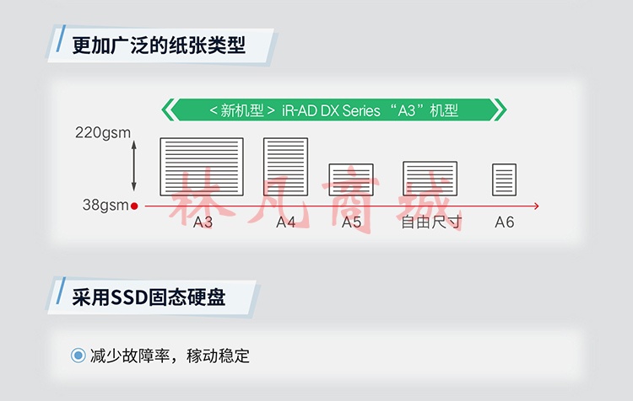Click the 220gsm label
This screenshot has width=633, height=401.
tap(103, 133)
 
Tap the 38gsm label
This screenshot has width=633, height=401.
tap(105, 206)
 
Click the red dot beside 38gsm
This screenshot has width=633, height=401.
tap(134, 206)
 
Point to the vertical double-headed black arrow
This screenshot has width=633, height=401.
tap(134, 166)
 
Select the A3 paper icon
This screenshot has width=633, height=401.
tap(202, 167)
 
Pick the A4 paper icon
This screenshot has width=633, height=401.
tap(286, 167)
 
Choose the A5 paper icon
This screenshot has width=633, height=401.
tap(351, 179)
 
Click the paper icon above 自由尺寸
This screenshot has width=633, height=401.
tap(430, 179)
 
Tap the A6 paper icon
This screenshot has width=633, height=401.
tap(504, 179)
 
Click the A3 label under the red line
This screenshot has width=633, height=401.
tap(203, 222)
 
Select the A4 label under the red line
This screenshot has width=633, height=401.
tap(286, 222)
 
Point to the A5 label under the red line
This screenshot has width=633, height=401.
tap(351, 222)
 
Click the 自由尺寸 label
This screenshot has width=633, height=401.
tap(431, 222)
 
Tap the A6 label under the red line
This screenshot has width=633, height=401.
tap(505, 222)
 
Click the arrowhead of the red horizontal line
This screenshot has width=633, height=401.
tap(537, 206)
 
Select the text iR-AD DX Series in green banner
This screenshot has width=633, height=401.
tap(331, 110)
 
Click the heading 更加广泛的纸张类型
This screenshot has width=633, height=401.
tap(159, 45)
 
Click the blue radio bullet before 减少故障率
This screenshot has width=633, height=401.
tap(78, 356)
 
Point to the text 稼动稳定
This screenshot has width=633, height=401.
tap(218, 356)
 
